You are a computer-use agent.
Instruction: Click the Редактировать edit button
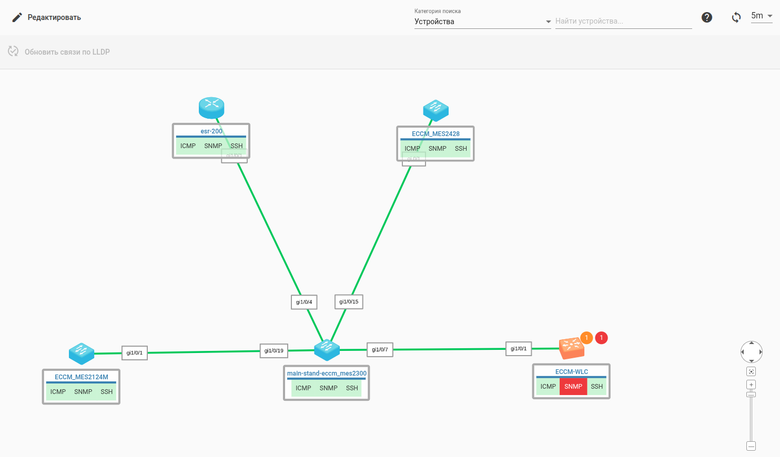(47, 17)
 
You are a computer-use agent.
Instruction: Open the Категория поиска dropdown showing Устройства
(482, 22)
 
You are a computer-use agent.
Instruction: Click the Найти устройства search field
(623, 22)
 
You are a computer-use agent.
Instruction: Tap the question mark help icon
(707, 17)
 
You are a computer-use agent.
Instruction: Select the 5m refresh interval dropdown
(761, 16)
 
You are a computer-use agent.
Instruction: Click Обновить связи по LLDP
(59, 51)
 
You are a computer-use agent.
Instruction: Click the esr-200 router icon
(211, 107)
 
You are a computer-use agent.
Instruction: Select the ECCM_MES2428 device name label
(435, 134)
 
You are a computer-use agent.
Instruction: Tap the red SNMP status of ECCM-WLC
(573, 387)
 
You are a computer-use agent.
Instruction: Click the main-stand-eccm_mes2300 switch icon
(327, 349)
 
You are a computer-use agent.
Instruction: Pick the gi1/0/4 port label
(304, 302)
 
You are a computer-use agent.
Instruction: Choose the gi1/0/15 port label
(349, 302)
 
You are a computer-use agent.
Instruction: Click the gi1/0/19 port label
(273, 350)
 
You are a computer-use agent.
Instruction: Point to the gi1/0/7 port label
(380, 349)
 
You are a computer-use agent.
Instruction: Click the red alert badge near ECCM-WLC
(601, 338)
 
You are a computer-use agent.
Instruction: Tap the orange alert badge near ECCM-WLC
(586, 338)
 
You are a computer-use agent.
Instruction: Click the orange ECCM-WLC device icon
(571, 347)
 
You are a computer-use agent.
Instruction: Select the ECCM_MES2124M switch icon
(82, 354)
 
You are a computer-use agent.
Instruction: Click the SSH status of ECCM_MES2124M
(107, 392)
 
